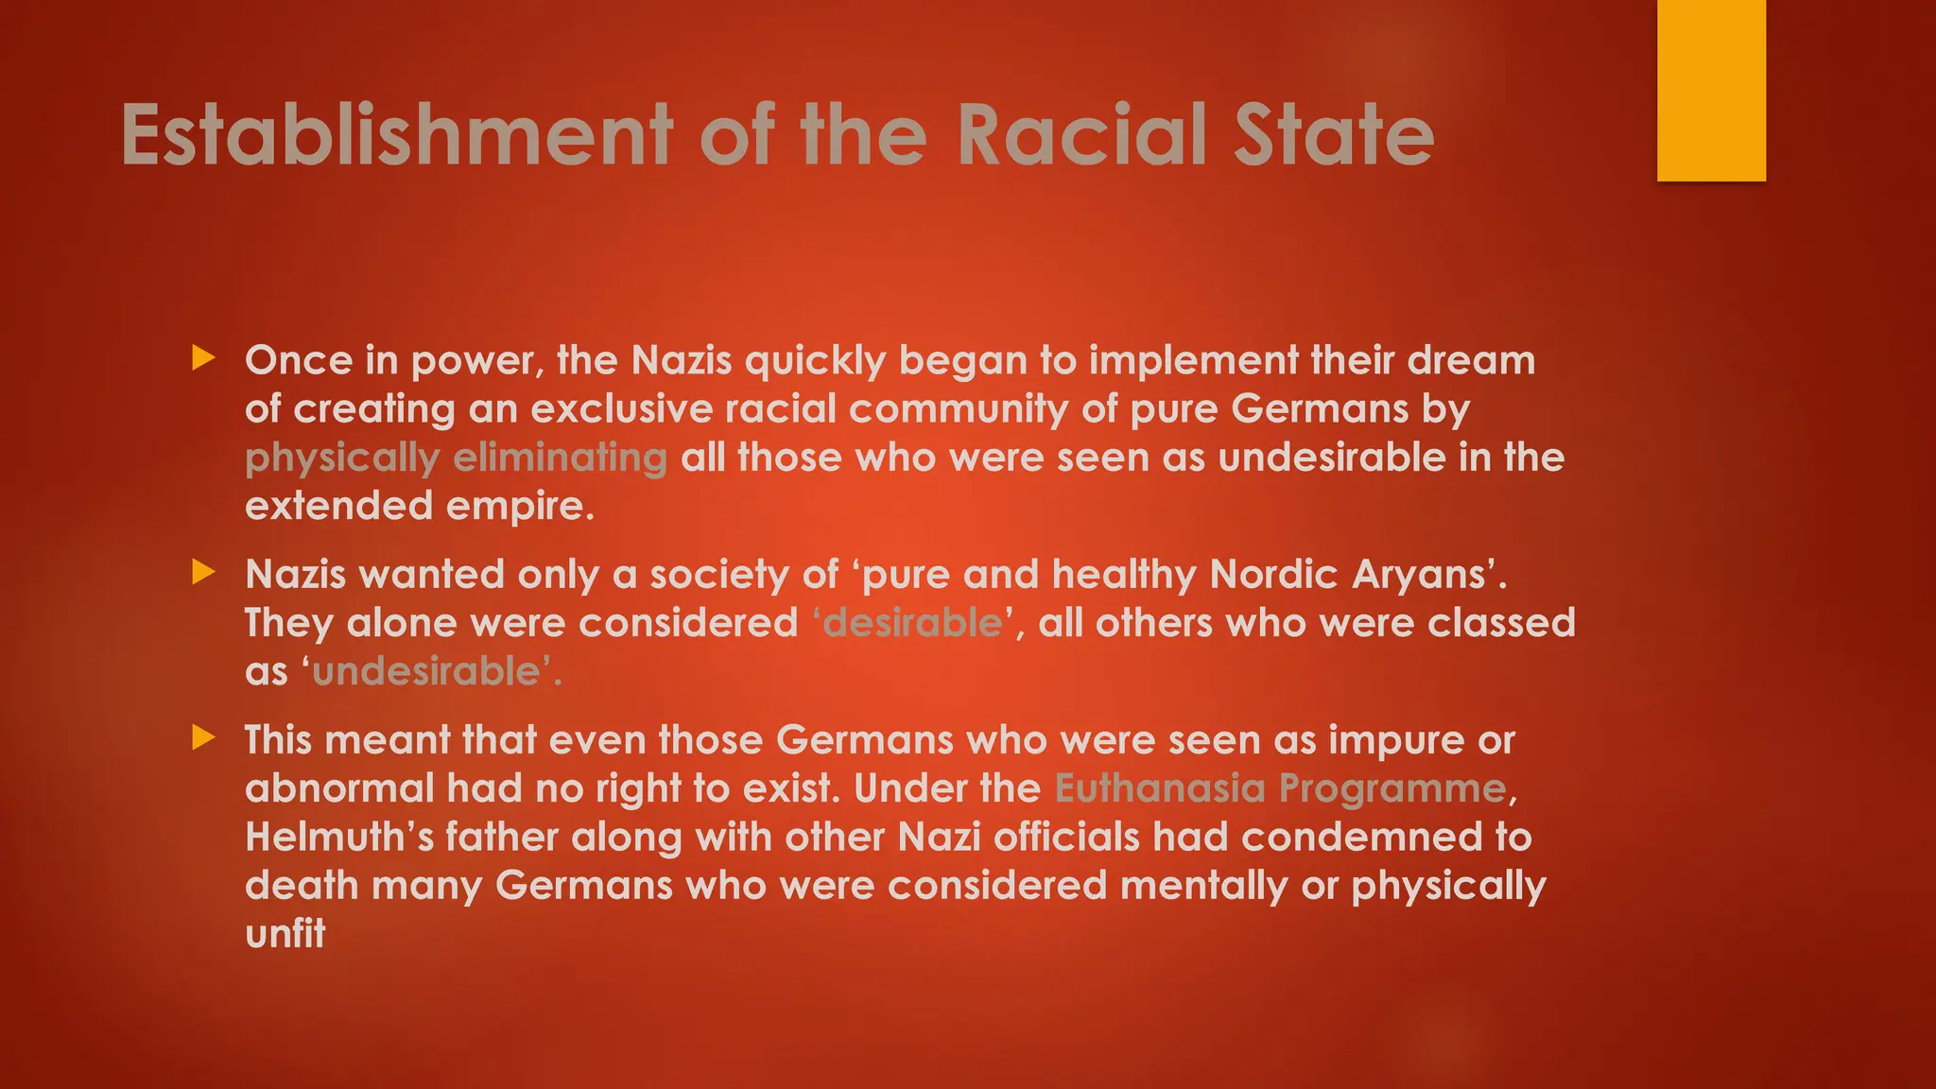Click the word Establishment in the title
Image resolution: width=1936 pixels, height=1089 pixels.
[x=397, y=135]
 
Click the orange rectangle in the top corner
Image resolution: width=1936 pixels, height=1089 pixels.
[x=1711, y=90]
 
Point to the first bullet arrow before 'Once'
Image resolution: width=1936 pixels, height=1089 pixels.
[x=203, y=358]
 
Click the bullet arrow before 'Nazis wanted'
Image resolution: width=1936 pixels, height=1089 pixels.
[x=203, y=572]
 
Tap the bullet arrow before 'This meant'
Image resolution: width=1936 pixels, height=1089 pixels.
[x=203, y=737]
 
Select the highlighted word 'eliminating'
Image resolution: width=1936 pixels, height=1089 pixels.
[x=561, y=458]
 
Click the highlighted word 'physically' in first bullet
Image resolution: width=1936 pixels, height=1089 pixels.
[x=342, y=458]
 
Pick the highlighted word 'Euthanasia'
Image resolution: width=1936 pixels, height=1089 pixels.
[x=1160, y=788]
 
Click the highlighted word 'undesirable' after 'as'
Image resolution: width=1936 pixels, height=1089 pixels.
[x=425, y=672]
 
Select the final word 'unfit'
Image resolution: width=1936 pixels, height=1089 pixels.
[x=285, y=934]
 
